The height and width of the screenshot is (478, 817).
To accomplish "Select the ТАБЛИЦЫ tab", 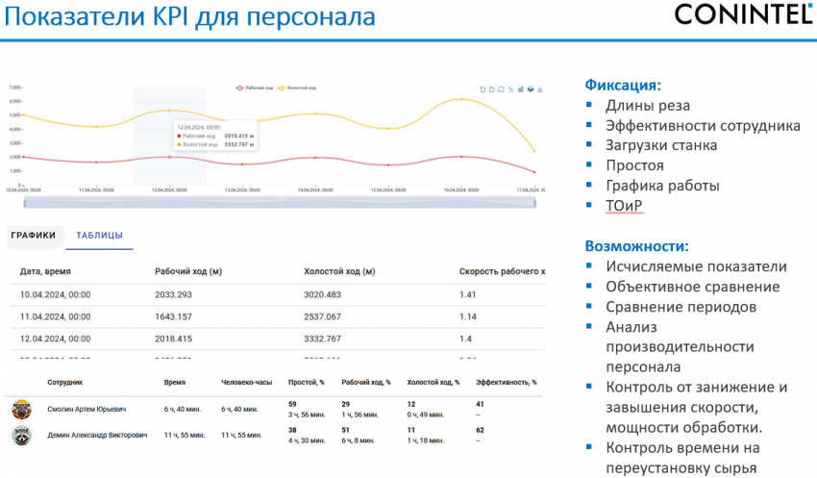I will coord(99,235).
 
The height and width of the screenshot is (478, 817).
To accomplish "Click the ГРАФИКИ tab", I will coord(35,235).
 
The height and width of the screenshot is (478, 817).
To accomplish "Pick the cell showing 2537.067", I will coord(329,316).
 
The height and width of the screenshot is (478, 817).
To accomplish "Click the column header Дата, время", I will coord(46,272).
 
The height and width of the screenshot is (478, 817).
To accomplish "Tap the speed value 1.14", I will coord(468,316).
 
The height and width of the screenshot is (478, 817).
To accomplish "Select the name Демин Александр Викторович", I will coord(98,435).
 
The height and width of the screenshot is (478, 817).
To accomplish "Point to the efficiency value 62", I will coord(481,430).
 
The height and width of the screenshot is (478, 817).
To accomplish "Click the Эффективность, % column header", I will coord(507,382).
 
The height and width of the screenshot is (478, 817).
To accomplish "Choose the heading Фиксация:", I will coord(623,84).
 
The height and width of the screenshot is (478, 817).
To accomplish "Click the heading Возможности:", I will coord(637,245).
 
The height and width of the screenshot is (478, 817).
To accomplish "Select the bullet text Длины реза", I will coord(648,105).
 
